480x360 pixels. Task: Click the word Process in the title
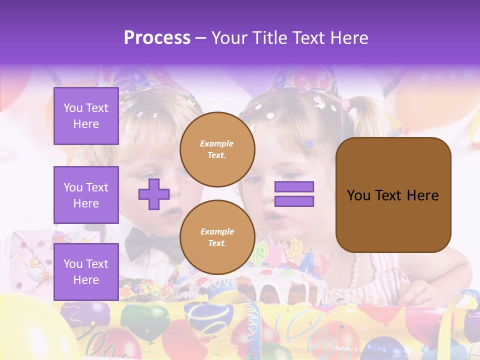pos(157,37)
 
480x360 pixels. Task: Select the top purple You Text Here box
pos(86,116)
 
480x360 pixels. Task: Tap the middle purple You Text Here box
pos(86,195)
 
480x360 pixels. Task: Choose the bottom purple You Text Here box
pos(86,271)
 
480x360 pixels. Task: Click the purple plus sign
pos(154,194)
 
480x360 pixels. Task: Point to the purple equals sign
pos(294,194)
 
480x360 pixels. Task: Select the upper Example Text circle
pos(217,149)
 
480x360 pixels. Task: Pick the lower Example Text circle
pos(217,237)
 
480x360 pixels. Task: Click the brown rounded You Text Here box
pos(393,195)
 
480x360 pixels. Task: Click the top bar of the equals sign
pos(294,186)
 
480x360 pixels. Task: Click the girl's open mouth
pos(272,218)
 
